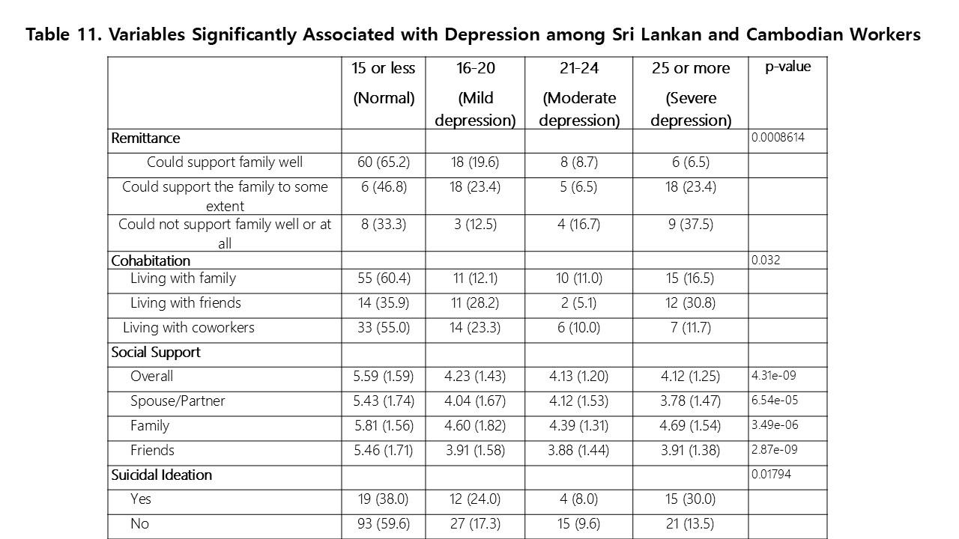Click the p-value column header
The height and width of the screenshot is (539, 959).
pyautogui.click(x=787, y=67)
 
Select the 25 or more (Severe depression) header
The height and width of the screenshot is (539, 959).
pyautogui.click(x=690, y=94)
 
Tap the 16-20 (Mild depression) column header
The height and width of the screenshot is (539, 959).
pyautogui.click(x=475, y=94)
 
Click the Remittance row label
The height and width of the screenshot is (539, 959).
pyautogui.click(x=145, y=138)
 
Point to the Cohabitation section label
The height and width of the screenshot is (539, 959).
pyautogui.click(x=151, y=261)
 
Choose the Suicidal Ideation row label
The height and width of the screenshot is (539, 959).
pyautogui.click(x=161, y=475)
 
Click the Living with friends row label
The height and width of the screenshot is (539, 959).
pyautogui.click(x=186, y=302)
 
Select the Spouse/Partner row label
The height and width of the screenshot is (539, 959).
pyautogui.click(x=178, y=401)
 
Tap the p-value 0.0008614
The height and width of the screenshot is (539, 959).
pyautogui.click(x=778, y=137)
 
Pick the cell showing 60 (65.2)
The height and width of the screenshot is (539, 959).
pyautogui.click(x=383, y=162)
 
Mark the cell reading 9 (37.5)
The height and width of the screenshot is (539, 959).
pyautogui.click(x=690, y=223)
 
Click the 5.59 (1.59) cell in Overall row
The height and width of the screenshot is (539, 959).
pyautogui.click(x=383, y=377)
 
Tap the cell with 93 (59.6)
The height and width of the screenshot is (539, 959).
pyautogui.click(x=383, y=524)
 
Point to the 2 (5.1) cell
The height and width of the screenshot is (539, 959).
pyautogui.click(x=578, y=302)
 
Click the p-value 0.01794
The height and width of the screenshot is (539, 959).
pyautogui.click(x=771, y=474)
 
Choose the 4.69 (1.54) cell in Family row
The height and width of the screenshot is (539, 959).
pyautogui.click(x=690, y=426)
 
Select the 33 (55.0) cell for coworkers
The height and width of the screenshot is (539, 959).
pyautogui.click(x=383, y=327)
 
